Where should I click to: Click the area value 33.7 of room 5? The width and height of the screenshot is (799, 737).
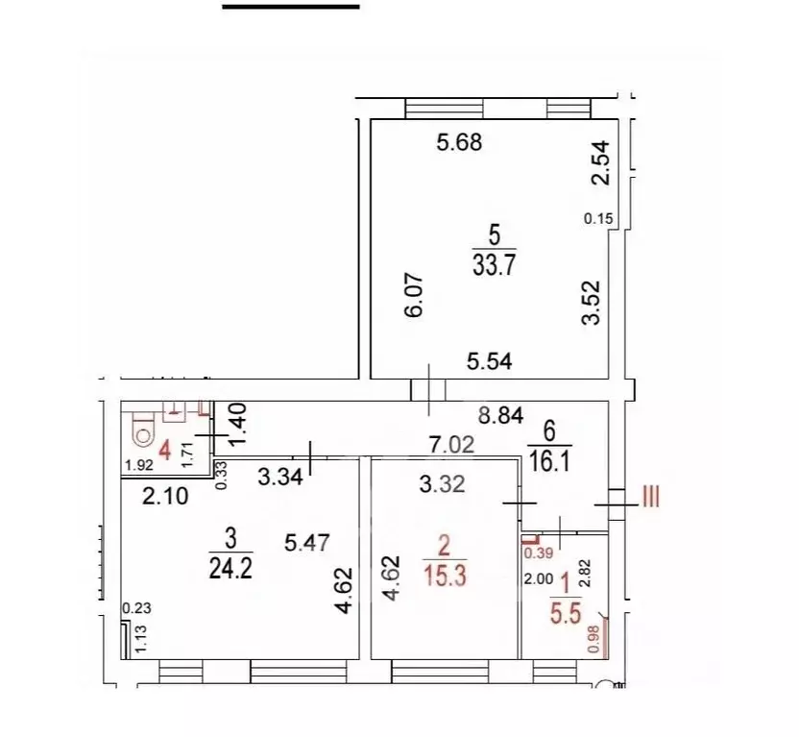tap(495, 264)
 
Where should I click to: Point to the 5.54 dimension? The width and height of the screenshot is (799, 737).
tap(491, 362)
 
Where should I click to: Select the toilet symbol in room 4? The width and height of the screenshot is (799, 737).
tap(143, 431)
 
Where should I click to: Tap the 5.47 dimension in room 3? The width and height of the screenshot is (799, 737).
tap(306, 543)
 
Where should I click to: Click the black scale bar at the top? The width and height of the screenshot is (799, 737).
tap(291, 6)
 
